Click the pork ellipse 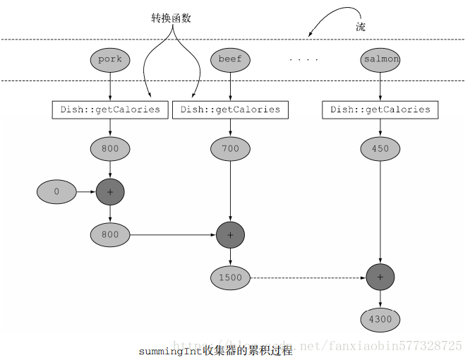click(110, 59)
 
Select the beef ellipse click(230, 59)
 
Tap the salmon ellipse click(381, 59)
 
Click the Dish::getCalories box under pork click(111, 110)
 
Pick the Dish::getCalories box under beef click(230, 110)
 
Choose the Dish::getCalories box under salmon click(380, 110)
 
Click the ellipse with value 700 click(230, 149)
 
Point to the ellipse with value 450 click(380, 149)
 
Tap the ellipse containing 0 click(56, 191)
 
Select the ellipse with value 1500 click(230, 277)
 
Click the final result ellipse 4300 click(380, 319)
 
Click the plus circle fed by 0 click(110, 191)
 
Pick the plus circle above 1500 click(230, 234)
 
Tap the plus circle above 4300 click(380, 277)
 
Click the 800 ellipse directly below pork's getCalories click(110, 149)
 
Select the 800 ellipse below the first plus click(110, 234)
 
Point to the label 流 click(361, 26)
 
